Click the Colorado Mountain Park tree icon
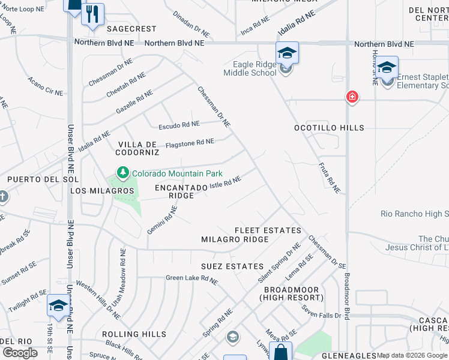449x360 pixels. tap(123, 174)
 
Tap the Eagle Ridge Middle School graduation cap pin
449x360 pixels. tap(287, 53)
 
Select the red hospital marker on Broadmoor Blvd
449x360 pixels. tap(352, 97)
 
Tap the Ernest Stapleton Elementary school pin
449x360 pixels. tap(387, 67)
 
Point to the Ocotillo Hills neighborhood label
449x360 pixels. tap(329, 128)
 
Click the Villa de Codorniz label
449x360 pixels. tap(138, 148)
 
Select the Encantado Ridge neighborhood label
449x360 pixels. tap(174, 191)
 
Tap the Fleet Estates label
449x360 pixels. tap(268, 230)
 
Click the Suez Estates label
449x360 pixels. tap(233, 266)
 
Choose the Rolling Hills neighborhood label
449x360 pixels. tap(134, 334)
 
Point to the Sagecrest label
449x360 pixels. tap(131, 29)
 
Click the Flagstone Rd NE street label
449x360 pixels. tap(190, 143)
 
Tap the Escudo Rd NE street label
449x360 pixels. tap(179, 125)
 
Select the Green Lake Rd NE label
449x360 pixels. tap(192, 279)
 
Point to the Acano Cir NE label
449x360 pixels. tap(45, 86)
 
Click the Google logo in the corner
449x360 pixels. tap(20, 353)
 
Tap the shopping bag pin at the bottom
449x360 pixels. tap(280, 352)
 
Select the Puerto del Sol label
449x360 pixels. tap(34, 179)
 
